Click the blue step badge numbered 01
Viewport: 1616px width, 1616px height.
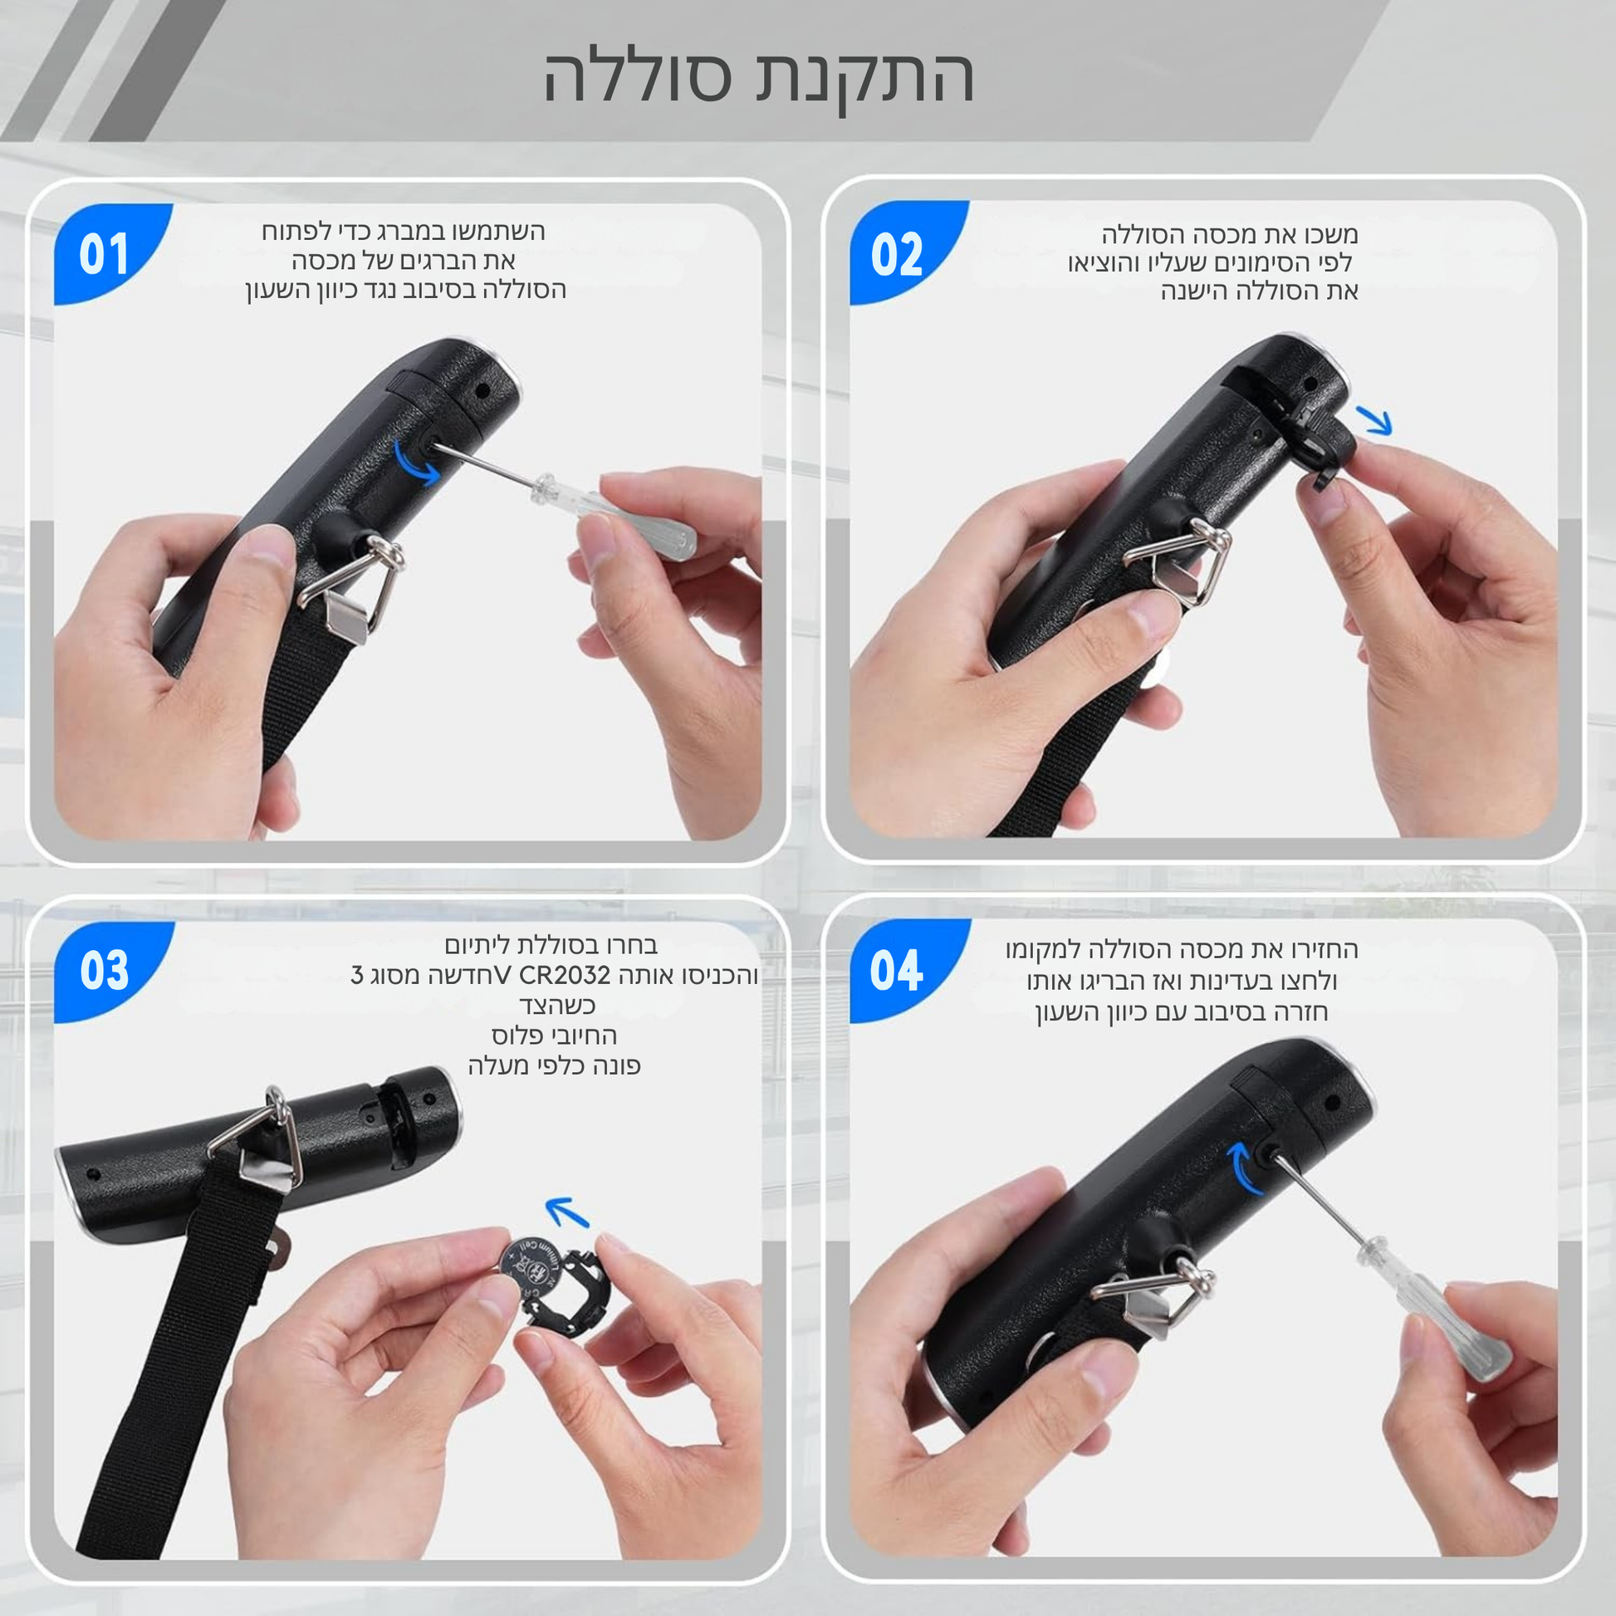105,251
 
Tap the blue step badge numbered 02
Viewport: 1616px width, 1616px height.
899,251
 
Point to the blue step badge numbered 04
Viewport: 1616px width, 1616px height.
899,970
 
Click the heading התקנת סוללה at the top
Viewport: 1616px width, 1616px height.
759,77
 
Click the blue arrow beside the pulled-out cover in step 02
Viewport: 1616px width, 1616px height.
1374,421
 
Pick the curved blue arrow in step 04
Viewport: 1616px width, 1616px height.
1244,1170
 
